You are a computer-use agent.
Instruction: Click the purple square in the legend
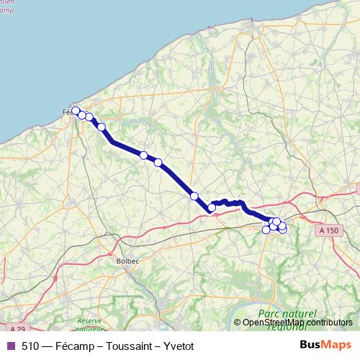[10, 345]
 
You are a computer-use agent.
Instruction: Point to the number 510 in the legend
[30, 345]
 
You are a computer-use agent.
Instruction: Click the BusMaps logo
[327, 344]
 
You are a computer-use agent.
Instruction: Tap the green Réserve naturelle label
[89, 324]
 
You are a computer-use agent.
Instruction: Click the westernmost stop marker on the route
[76, 111]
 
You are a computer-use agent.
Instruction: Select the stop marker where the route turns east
[212, 208]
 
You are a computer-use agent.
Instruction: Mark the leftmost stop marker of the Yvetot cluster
[266, 230]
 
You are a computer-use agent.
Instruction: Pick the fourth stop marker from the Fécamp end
[102, 127]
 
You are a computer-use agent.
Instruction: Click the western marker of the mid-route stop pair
[144, 155]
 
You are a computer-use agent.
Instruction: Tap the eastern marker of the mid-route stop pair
[158, 162]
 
